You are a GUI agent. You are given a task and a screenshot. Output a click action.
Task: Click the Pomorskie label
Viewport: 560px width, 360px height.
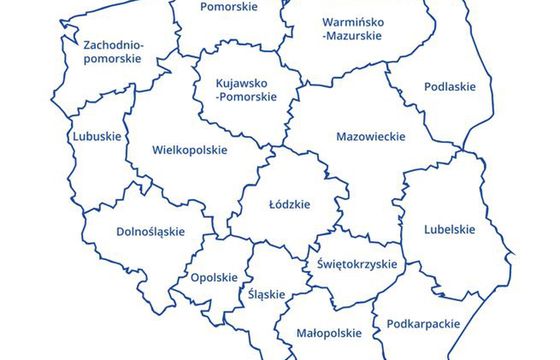point(228,7)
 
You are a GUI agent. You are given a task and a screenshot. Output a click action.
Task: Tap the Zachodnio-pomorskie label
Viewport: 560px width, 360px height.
point(114,52)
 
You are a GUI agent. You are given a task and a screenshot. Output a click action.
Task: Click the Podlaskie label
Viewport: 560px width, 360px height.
point(450,87)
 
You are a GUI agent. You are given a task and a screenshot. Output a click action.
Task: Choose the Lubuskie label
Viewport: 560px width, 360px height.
point(97,136)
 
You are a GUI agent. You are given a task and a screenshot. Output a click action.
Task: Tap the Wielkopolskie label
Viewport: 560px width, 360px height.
point(190,151)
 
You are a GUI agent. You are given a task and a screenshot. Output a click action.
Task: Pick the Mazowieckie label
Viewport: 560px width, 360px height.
point(371,136)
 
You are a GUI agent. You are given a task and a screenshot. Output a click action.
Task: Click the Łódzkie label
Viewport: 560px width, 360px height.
point(290,204)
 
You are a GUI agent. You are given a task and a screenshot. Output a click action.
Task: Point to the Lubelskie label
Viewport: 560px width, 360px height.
point(450,228)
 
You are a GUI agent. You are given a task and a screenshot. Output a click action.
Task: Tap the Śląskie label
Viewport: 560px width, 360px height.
point(266,294)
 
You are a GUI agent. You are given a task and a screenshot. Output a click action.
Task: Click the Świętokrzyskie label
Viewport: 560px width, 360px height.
point(357,265)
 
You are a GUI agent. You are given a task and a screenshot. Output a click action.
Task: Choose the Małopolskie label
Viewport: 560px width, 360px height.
point(329,332)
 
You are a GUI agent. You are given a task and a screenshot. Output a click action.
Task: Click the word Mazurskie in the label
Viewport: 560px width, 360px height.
point(351,35)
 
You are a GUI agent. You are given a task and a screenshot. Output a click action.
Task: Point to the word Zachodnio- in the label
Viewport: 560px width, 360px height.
point(114,45)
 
